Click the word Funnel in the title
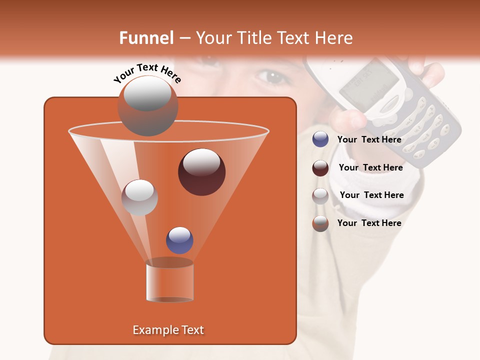pyautogui.click(x=146, y=38)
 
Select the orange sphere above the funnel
pyautogui.click(x=147, y=106)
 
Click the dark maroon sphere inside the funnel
pyautogui.click(x=201, y=172)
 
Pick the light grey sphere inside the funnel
pyautogui.click(x=139, y=197)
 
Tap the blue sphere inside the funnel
pyautogui.click(x=179, y=240)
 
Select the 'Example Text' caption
pyautogui.click(x=168, y=330)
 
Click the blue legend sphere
pyautogui.click(x=320, y=139)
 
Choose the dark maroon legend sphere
pyautogui.click(x=320, y=167)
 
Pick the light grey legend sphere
pyautogui.click(x=320, y=195)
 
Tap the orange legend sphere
pyautogui.click(x=320, y=223)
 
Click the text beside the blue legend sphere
pyautogui.click(x=369, y=139)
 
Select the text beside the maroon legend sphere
pyautogui.click(x=370, y=167)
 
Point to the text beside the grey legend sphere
pyautogui.click(x=371, y=195)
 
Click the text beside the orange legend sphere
pyautogui.click(x=369, y=223)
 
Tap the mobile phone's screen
pyautogui.click(x=369, y=82)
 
